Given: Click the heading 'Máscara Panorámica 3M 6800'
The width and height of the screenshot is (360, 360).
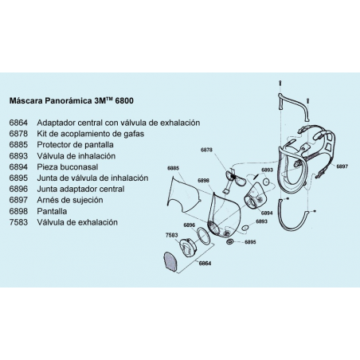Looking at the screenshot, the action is pyautogui.click(x=72, y=101).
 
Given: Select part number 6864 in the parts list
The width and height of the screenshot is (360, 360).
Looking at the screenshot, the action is pyautogui.click(x=18, y=123).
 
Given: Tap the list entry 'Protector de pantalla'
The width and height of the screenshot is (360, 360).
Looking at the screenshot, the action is pyautogui.click(x=75, y=145).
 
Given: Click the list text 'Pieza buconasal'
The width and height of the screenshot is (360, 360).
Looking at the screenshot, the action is pyautogui.click(x=68, y=167).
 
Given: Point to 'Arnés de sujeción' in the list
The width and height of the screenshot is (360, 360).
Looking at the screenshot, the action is pyautogui.click(x=70, y=200).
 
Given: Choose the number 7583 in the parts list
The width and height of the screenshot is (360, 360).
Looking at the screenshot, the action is pyautogui.click(x=18, y=222).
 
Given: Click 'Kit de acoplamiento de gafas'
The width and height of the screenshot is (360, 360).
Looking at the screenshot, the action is pyautogui.click(x=91, y=134).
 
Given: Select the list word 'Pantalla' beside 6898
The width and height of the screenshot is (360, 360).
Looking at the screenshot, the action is pyautogui.click(x=52, y=211).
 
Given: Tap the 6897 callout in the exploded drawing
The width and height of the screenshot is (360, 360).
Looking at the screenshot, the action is pyautogui.click(x=342, y=166).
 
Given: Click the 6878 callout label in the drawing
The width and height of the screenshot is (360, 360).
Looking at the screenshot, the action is pyautogui.click(x=206, y=150).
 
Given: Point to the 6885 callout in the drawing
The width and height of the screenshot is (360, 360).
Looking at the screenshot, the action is pyautogui.click(x=173, y=168).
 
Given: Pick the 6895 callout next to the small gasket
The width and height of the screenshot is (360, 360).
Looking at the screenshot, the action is pyautogui.click(x=250, y=242).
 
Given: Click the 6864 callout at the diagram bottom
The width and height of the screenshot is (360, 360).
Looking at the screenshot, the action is pyautogui.click(x=205, y=264).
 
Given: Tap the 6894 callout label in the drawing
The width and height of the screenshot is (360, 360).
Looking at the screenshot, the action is pyautogui.click(x=267, y=213).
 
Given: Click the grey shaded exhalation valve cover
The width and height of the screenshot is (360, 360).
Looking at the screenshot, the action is pyautogui.click(x=170, y=262).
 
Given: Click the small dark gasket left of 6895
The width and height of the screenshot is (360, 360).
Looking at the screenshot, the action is pyautogui.click(x=229, y=242).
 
